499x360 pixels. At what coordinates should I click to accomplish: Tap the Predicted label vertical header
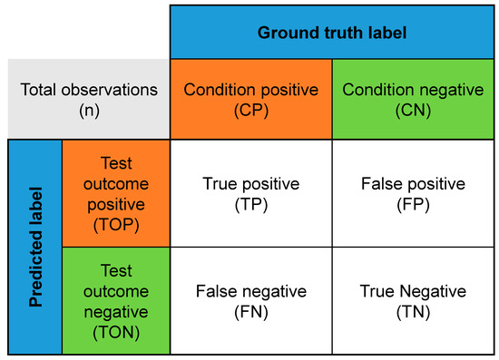[35, 246]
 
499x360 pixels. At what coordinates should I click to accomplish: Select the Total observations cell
[88, 99]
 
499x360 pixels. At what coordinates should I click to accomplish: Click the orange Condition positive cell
[250, 99]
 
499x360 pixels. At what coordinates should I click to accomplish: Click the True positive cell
[250, 192]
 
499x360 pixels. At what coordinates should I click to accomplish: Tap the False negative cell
[250, 300]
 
